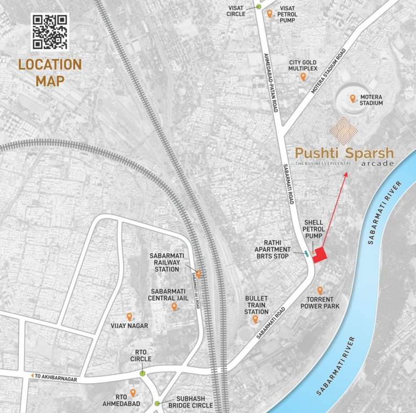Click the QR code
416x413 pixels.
[x=49, y=31]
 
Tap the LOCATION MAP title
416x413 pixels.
[x=50, y=73]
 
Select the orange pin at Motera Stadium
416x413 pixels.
[x=353, y=98]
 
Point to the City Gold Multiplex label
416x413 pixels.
[x=303, y=66]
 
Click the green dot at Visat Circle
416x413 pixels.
[x=259, y=6]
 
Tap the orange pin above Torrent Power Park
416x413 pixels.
[x=320, y=290]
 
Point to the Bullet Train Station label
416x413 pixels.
[x=256, y=304]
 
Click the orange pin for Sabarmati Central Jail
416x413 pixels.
[x=174, y=307]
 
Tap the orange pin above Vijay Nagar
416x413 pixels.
[x=129, y=317]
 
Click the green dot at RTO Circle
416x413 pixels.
[x=142, y=373]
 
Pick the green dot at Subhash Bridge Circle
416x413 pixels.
[x=157, y=403]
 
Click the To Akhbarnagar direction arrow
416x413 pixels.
[x=33, y=375]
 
